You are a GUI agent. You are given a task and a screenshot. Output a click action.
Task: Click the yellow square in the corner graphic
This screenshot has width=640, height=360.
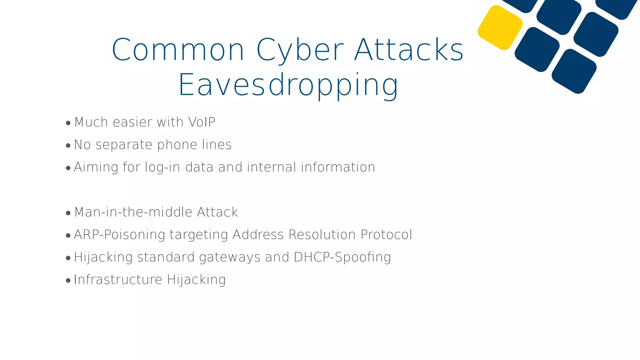pyautogui.click(x=500, y=27)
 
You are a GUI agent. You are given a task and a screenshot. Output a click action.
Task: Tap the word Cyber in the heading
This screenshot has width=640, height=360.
pyautogui.click(x=300, y=50)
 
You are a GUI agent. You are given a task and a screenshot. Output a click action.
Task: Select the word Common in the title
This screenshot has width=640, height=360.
pyautogui.click(x=178, y=50)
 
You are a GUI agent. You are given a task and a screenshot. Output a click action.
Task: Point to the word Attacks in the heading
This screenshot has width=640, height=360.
pyautogui.click(x=409, y=50)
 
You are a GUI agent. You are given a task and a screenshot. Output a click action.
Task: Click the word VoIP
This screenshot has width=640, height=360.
pyautogui.click(x=202, y=122)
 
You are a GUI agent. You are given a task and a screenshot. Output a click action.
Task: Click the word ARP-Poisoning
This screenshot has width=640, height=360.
pyautogui.click(x=119, y=235)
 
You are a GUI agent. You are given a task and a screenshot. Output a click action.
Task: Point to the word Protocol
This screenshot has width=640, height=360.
pyautogui.click(x=386, y=235)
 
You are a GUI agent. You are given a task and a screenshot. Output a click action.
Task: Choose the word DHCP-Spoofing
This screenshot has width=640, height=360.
pyautogui.click(x=342, y=257)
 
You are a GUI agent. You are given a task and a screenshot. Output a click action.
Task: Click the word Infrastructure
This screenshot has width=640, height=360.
pyautogui.click(x=118, y=280)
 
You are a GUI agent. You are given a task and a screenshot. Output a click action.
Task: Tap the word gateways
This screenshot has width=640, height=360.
pyautogui.click(x=230, y=257)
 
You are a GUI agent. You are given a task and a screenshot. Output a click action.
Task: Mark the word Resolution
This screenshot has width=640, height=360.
pyautogui.click(x=322, y=235)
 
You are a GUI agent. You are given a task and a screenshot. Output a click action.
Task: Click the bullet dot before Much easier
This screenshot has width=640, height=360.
pyautogui.click(x=68, y=123)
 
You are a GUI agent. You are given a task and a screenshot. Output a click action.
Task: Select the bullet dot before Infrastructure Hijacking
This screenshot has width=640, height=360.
pyautogui.click(x=68, y=281)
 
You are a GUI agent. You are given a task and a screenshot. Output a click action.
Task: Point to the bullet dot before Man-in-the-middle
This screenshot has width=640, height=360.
pyautogui.click(x=68, y=213)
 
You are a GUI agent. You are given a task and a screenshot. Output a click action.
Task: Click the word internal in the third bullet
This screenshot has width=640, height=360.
pyautogui.click(x=272, y=167)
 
